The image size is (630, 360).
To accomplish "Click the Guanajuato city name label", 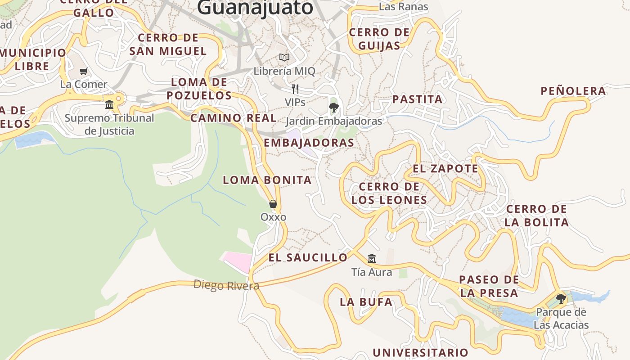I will click(x=255, y=7).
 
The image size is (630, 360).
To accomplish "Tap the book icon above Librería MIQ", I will click(x=284, y=57).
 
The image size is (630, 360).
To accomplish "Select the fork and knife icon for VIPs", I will click(x=295, y=89).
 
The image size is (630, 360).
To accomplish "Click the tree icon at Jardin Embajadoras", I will click(x=333, y=107).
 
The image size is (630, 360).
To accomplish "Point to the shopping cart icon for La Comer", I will click(x=84, y=71).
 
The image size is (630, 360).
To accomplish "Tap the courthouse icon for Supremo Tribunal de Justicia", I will click(x=109, y=104).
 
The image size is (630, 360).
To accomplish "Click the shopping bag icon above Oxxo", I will click(x=273, y=204).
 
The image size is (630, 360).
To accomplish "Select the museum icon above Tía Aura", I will click(x=372, y=258).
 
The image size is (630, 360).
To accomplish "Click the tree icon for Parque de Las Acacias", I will click(x=561, y=298).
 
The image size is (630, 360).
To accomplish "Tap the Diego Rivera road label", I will click(x=226, y=285).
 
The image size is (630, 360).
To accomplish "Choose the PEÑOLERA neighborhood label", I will click(x=573, y=91).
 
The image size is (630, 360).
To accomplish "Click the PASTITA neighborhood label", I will click(x=417, y=99).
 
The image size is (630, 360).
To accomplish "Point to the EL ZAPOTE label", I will click(x=445, y=169).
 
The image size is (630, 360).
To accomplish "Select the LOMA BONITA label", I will click(x=267, y=180).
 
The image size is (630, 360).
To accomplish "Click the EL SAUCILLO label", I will click(x=308, y=257).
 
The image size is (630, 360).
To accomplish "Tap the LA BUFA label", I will click(x=366, y=302).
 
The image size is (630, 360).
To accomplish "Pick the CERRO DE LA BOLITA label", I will click(x=536, y=216).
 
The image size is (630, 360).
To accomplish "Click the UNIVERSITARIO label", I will click(x=420, y=352).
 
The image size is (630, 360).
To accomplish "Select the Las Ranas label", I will click(x=403, y=7).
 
